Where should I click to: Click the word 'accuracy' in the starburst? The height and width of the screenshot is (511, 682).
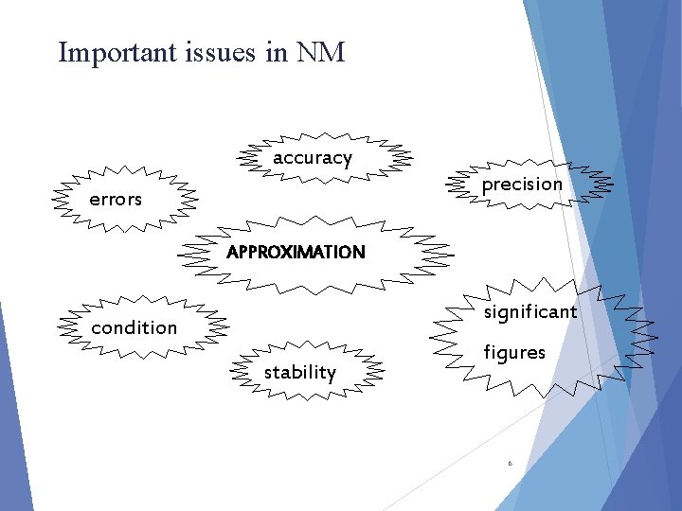(312, 159)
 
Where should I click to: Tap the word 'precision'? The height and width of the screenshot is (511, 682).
(522, 185)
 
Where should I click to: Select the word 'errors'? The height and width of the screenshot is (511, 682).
(116, 200)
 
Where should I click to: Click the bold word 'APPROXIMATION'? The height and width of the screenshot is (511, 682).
(296, 253)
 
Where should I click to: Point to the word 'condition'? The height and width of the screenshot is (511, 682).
(134, 328)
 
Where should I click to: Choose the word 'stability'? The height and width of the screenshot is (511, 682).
(299, 373)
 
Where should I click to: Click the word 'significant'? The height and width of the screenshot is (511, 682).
(529, 312)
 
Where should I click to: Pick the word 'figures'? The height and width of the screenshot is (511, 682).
(514, 353)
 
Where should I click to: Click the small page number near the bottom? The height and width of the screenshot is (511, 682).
(510, 464)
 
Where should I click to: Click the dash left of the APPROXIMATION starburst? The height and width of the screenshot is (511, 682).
(178, 255)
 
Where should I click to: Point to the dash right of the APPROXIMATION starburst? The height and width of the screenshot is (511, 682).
(452, 255)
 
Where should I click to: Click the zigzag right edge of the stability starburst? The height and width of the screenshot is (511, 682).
(374, 372)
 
